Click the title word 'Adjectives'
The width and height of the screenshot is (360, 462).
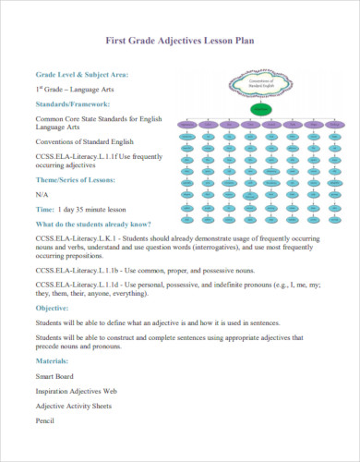tap(182, 42)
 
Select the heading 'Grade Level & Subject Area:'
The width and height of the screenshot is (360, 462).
tap(82, 74)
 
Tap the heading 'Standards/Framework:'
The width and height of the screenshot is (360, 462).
tap(73, 104)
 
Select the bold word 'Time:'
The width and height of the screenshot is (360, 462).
tap(46, 210)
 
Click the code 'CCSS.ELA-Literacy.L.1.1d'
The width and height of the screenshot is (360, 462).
tap(82, 285)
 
